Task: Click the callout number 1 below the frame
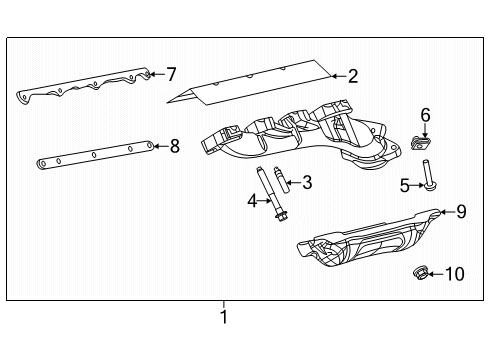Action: pos(224,317)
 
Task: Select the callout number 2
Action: pos(351,75)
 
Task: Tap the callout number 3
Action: pos(307,182)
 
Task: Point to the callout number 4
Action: pos(252,201)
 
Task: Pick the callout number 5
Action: pos(405,185)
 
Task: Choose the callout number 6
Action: pos(425,115)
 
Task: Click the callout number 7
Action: pos(171,73)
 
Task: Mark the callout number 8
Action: pos(174,146)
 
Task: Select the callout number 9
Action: pos(461,211)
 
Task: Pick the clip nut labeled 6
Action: pos(423,142)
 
